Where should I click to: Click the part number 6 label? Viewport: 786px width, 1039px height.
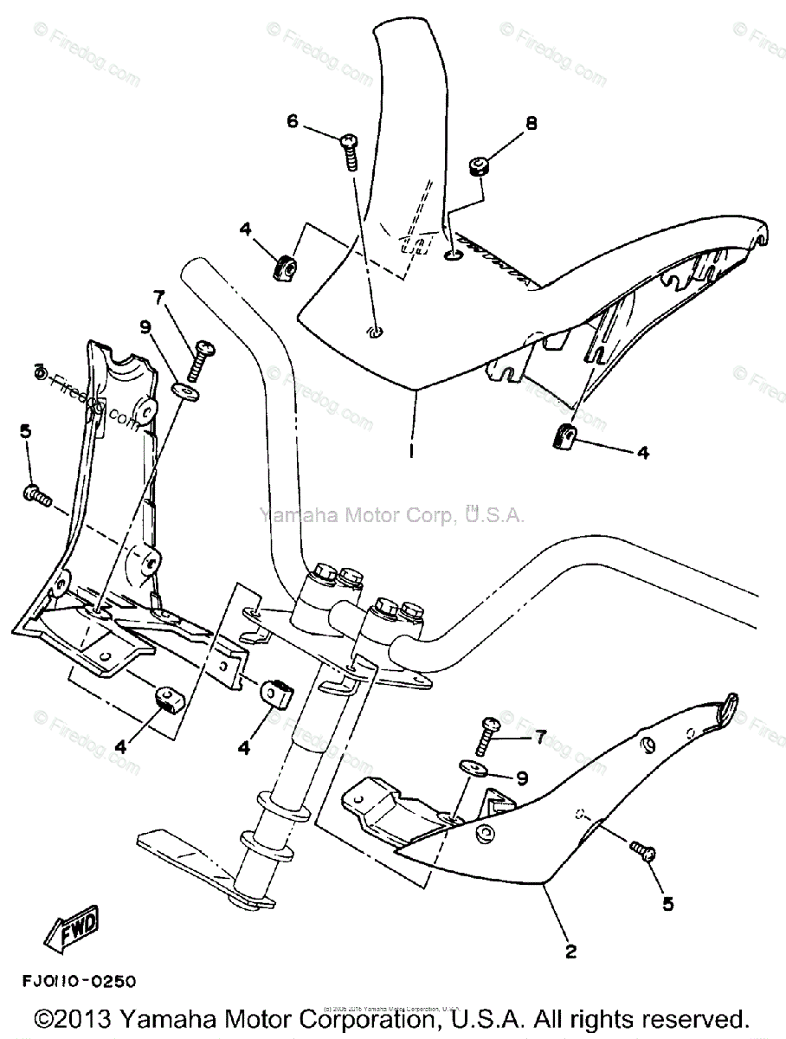tap(293, 122)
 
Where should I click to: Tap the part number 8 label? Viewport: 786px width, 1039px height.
tap(531, 124)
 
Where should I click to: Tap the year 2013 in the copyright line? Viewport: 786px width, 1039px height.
tap(88, 1018)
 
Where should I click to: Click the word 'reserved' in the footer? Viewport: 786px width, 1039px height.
tap(685, 1018)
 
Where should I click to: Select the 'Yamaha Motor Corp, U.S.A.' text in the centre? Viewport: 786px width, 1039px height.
tap(391, 516)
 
